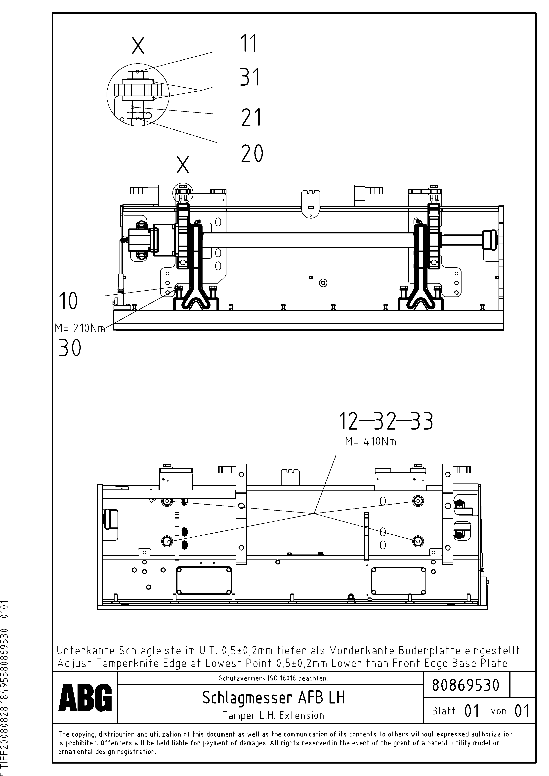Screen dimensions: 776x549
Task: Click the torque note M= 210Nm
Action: pos(80,328)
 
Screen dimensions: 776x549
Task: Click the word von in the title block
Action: pos(499,711)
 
